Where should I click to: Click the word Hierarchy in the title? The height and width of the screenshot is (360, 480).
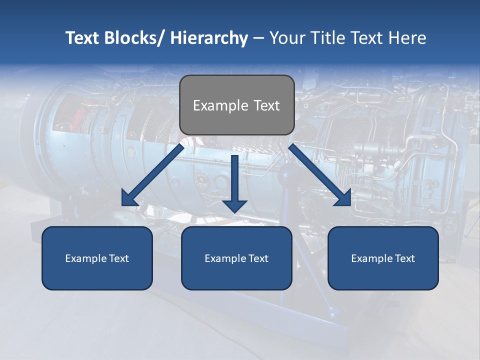click(209, 38)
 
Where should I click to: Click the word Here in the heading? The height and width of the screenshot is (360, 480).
click(407, 38)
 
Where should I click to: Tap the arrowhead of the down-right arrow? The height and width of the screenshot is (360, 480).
click(343, 198)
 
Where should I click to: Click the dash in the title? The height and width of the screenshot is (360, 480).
click(258, 38)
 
